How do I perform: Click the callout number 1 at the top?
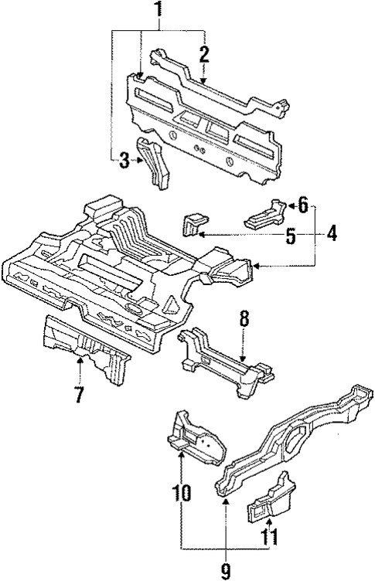tap(159, 12)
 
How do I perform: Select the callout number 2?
tap(204, 54)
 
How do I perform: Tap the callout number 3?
tap(124, 161)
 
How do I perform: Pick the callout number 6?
tap(302, 206)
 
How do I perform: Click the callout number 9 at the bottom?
tap(225, 570)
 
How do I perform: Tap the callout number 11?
tap(268, 535)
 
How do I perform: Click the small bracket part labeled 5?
tap(192, 224)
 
